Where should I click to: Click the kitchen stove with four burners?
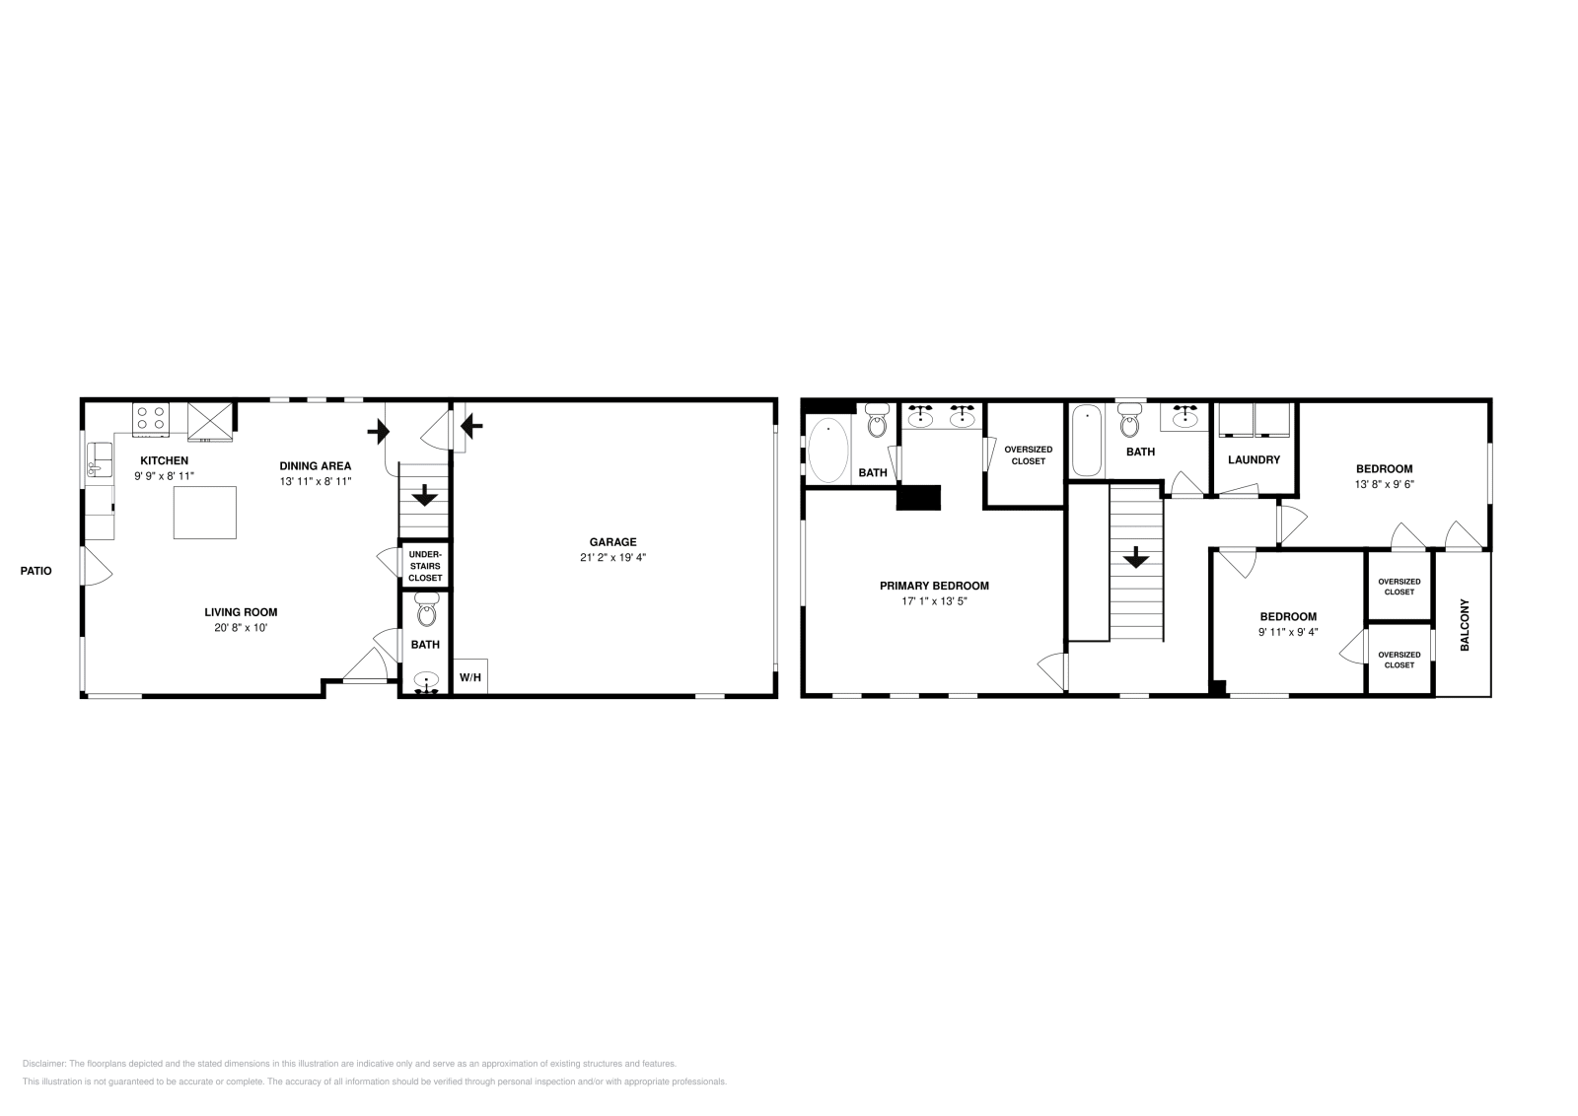[151, 418]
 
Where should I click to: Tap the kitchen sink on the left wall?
[98, 459]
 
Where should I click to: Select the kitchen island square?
[205, 512]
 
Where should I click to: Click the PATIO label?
[36, 571]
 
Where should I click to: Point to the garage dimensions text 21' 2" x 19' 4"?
[612, 557]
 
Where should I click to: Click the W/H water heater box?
[469, 677]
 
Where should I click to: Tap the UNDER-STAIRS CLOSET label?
[425, 566]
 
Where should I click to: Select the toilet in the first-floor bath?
[426, 611]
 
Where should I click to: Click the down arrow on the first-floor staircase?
[425, 495]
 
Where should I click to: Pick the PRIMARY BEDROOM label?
[934, 586]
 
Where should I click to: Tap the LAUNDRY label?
[1254, 459]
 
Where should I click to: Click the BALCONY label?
[1465, 624]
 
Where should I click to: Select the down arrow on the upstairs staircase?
[1136, 558]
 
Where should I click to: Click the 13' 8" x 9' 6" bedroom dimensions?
[1384, 484]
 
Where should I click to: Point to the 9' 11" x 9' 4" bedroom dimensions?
[1287, 632]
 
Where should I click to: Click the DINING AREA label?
[315, 466]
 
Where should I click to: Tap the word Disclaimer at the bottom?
[42, 1064]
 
